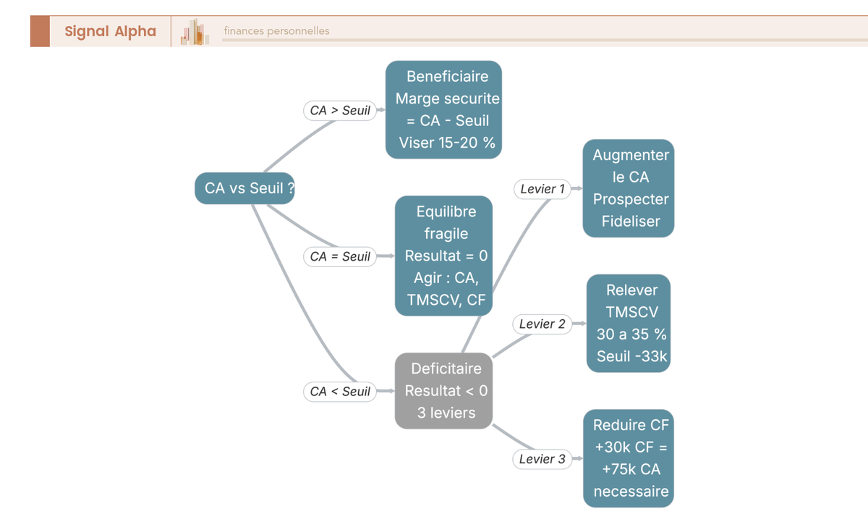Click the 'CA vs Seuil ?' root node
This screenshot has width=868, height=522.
(x=244, y=188)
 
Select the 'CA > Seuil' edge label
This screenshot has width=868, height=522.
(x=340, y=111)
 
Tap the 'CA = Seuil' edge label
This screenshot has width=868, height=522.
(x=340, y=256)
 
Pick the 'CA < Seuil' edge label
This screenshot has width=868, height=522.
(x=340, y=391)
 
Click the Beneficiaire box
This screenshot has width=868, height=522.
(x=443, y=110)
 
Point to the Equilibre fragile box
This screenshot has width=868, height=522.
(x=443, y=256)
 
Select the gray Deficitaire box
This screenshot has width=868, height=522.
(x=443, y=391)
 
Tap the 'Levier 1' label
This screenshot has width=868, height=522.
(x=542, y=189)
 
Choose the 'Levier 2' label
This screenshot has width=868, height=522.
(x=542, y=324)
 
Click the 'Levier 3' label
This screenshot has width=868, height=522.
(x=542, y=459)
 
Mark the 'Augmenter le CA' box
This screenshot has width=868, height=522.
(x=629, y=188)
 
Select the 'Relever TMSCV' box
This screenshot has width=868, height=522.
(x=629, y=324)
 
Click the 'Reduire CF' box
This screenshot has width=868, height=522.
(x=629, y=458)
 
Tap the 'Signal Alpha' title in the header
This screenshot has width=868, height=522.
(x=111, y=31)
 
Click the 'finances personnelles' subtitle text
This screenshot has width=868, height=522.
(x=276, y=30)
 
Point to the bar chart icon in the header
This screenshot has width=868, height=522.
(x=195, y=32)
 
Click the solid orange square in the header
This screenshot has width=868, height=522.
(x=40, y=31)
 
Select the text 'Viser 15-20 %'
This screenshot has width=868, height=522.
(x=447, y=143)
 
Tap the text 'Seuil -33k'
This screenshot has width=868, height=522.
(x=631, y=356)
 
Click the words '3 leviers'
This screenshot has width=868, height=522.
(x=446, y=413)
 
